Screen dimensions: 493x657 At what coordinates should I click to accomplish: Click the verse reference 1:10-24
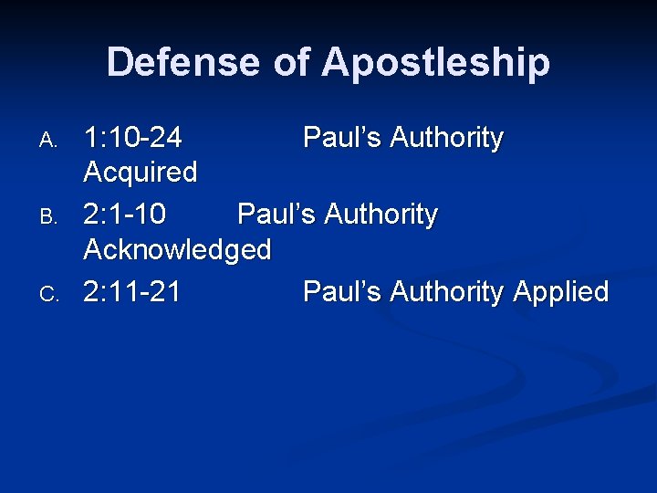click(132, 138)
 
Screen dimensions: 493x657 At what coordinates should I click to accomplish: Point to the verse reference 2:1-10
click(125, 215)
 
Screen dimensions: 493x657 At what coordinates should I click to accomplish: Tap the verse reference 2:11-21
click(132, 292)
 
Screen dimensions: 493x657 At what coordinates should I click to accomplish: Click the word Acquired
click(140, 172)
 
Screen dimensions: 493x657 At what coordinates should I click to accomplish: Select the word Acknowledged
click(177, 249)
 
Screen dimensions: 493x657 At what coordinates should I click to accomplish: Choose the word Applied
click(561, 293)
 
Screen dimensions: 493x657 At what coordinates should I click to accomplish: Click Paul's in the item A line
click(342, 138)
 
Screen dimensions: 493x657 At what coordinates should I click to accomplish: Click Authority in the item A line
click(446, 139)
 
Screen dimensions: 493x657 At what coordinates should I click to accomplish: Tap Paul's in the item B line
click(276, 215)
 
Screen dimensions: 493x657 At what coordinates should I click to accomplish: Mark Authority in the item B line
click(381, 215)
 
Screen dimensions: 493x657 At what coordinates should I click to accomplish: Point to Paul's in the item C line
click(342, 292)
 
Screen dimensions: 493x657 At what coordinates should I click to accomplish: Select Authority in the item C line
click(446, 293)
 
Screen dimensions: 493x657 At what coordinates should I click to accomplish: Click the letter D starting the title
click(120, 62)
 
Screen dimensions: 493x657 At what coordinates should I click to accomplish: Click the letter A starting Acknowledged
click(92, 249)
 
